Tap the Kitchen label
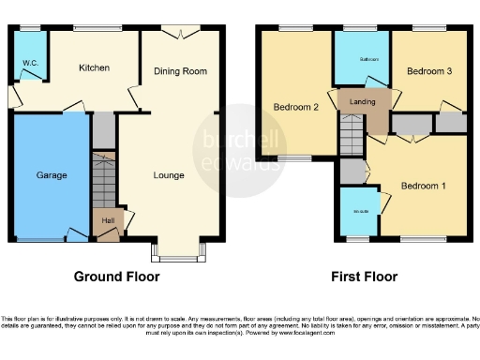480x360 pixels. click(94, 67)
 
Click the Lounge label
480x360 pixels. click(169, 175)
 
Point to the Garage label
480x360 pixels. click(51, 175)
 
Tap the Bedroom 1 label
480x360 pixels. click(423, 186)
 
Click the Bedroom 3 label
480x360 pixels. click(429, 71)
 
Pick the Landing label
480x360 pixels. click(363, 101)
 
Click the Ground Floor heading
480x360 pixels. click(117, 277)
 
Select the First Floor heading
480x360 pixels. click(365, 277)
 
